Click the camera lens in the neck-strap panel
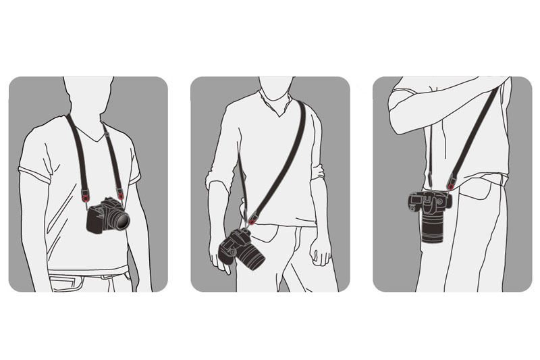click(x=118, y=219)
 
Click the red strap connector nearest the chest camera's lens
click(x=120, y=195)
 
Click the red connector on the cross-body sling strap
click(x=252, y=219)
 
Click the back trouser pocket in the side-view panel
click(x=483, y=196)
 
